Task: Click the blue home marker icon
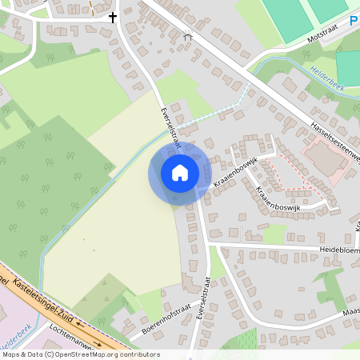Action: click(x=180, y=173)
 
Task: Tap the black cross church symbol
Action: click(x=112, y=16)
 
